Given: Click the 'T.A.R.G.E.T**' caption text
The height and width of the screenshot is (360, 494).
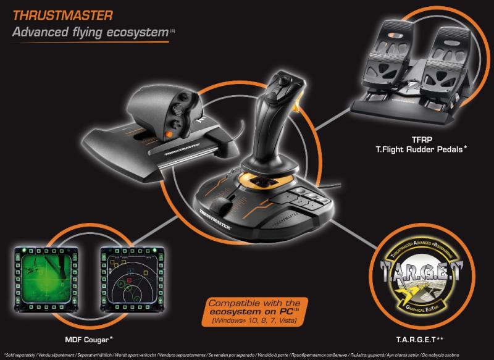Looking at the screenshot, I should point(416,338).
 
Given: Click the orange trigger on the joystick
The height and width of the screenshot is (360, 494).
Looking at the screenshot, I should point(300,109).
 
